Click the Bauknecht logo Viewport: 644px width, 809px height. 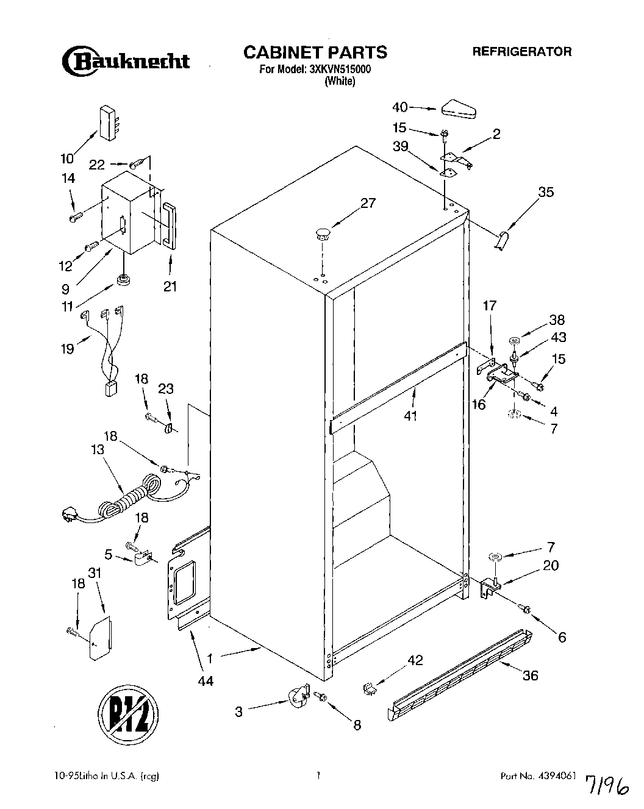point(125,60)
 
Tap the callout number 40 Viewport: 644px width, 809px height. point(400,107)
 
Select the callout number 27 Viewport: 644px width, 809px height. point(368,203)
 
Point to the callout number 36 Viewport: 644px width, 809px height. point(531,675)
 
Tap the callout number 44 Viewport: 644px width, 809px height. point(206,680)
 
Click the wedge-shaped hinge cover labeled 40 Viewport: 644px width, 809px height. point(456,110)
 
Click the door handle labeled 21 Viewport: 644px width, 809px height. point(169,226)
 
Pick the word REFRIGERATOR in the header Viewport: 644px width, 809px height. point(522,52)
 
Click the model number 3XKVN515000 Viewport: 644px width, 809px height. point(340,69)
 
